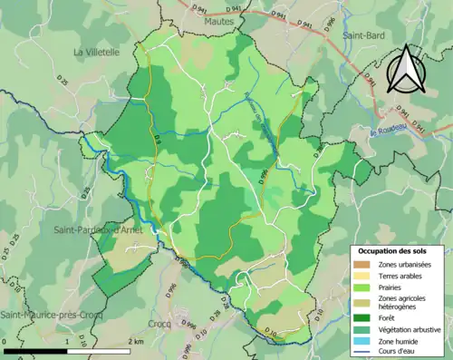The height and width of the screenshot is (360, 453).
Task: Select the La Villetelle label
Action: pyautogui.click(x=97, y=53)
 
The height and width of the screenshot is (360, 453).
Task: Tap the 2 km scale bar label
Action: pyautogui.click(x=136, y=341)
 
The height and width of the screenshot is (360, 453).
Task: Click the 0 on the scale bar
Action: pyautogui.click(x=5, y=341)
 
